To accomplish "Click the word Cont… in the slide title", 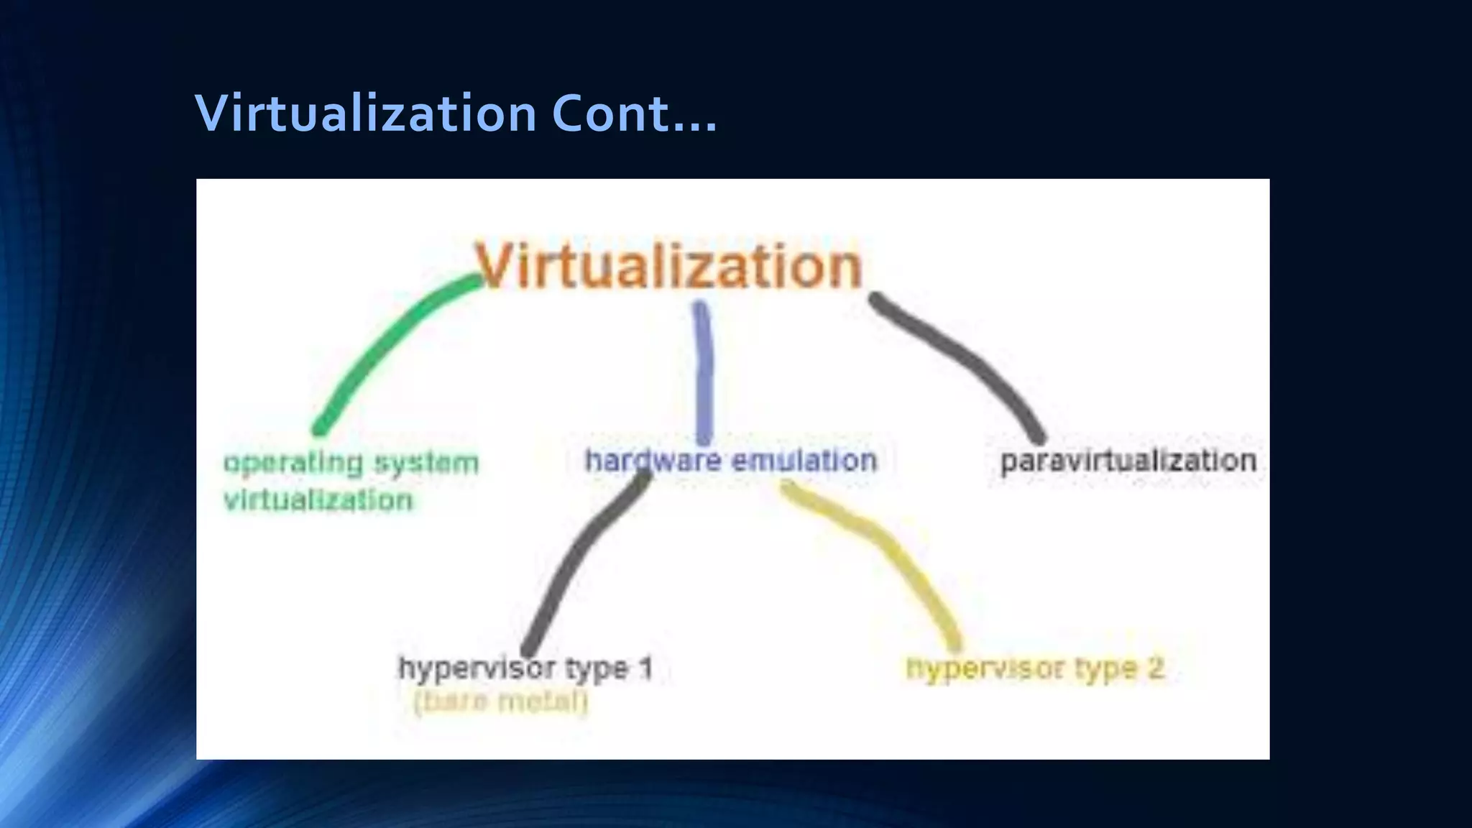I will coord(634,114).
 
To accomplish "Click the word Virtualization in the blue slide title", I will coord(366,114).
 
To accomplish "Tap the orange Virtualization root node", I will coord(668,266).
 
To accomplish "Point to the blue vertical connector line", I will coord(704,374).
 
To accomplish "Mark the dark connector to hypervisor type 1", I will coord(575,568).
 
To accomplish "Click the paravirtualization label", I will coord(1128,461).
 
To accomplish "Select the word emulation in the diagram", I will coord(804,461).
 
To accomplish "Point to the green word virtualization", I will coord(318,500).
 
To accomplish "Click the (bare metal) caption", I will coord(501,701).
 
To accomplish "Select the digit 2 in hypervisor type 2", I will coord(1155,668).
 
